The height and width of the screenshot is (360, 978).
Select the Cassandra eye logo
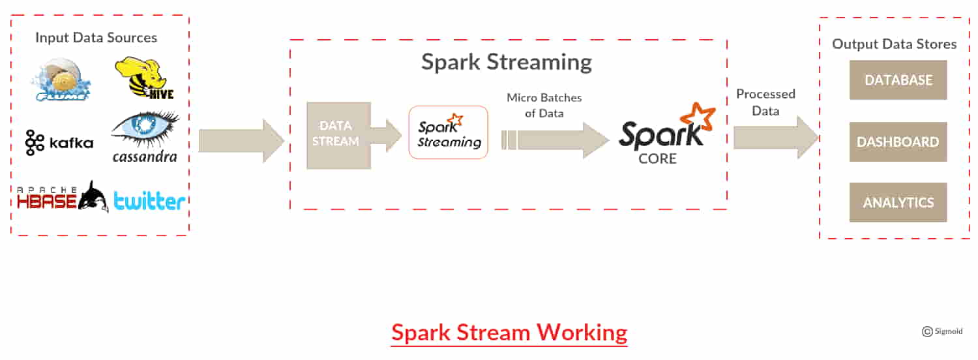point(145,137)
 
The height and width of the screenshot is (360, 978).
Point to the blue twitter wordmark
point(149,201)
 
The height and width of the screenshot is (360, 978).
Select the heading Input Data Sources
point(96,38)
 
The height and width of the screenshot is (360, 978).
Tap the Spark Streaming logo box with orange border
point(449,132)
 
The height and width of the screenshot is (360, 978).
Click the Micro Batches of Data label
point(544,104)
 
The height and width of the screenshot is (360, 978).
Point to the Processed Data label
point(765,102)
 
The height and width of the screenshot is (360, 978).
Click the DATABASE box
point(898,80)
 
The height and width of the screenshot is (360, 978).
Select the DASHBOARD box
point(898,142)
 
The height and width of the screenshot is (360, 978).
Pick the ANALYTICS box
point(898,202)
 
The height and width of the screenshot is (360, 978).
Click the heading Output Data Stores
point(894,44)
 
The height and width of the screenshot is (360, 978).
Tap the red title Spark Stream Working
point(509,333)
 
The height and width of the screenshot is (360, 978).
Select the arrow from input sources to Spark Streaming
point(241,140)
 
